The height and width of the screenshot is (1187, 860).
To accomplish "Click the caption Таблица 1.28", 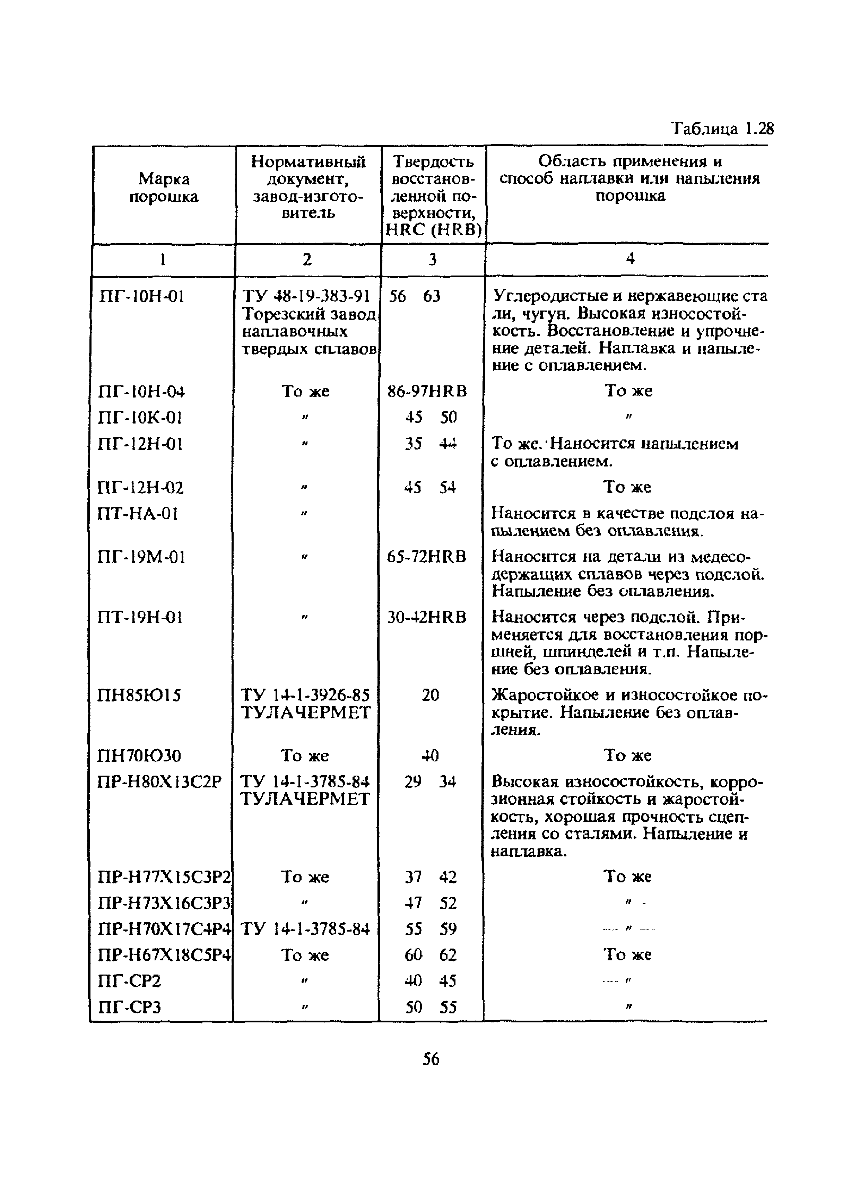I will click(722, 128).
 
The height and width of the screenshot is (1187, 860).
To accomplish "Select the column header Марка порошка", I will click(164, 187).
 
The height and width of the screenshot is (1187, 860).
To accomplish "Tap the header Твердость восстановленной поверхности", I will click(433, 195).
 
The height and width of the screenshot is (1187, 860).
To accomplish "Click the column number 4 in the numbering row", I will click(631, 259).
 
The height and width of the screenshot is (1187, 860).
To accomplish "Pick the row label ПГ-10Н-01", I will click(141, 297).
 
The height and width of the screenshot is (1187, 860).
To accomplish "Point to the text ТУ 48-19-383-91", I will click(306, 296).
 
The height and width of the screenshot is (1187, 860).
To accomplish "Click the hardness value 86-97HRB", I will click(427, 391).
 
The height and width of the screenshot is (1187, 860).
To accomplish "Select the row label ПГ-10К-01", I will click(140, 418).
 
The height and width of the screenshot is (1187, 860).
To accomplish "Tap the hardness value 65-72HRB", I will click(427, 556).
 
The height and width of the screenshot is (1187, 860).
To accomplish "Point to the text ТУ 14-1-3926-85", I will click(305, 695).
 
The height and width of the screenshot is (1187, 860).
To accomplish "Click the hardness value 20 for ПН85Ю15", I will click(430, 695).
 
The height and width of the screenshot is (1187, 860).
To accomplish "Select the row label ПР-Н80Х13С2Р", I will click(160, 782).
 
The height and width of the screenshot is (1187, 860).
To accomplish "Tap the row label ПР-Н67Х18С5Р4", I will click(164, 955).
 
